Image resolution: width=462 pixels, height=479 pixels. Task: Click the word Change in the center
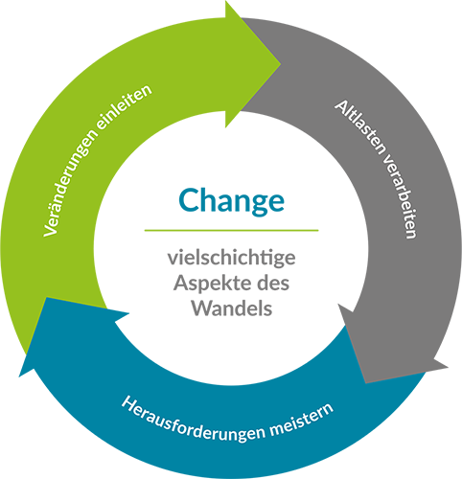point(231,201)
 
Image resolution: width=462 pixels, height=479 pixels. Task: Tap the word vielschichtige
point(232,258)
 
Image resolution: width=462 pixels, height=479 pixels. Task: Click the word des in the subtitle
point(273,283)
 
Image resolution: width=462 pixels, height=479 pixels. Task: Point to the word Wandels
point(232,308)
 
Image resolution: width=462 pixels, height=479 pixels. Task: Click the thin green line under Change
point(232,230)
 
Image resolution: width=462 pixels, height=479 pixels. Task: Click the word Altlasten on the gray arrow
point(358,126)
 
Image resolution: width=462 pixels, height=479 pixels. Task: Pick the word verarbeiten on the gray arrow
point(400,197)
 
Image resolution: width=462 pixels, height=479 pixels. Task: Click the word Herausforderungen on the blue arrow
point(193,421)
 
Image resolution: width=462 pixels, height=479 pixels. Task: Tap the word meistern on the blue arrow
point(302,419)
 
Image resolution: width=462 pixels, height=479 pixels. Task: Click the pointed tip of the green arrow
point(281,64)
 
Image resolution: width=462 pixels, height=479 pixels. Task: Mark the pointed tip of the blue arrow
point(19,376)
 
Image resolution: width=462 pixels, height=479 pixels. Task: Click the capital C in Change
point(189,200)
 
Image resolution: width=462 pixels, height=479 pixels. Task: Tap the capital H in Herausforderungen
point(128,403)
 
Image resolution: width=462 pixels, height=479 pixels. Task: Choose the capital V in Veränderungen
point(50,229)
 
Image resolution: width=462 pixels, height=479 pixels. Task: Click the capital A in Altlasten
point(341,107)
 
